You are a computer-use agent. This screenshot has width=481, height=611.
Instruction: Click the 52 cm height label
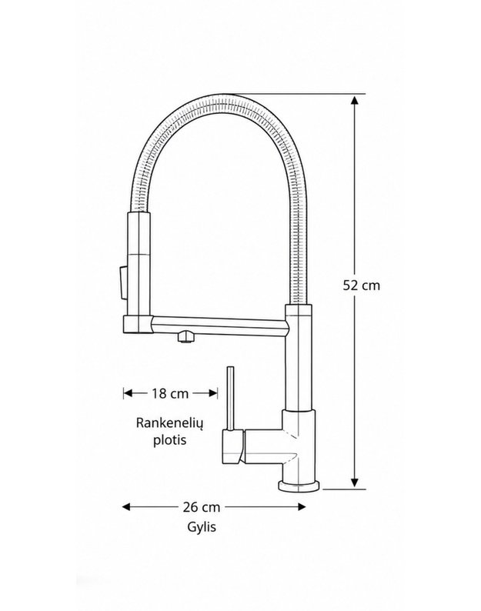click(361, 285)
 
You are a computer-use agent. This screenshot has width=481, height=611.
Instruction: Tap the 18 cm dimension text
click(170, 393)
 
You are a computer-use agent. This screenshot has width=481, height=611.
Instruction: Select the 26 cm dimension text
click(202, 507)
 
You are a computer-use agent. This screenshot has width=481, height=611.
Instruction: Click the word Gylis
click(202, 527)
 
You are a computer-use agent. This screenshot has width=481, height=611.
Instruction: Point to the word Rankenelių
click(170, 423)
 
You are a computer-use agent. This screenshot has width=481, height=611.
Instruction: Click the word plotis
click(169, 440)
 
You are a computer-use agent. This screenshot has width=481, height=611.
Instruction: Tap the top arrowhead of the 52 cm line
click(354, 101)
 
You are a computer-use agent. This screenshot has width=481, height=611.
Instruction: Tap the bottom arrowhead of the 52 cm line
click(354, 482)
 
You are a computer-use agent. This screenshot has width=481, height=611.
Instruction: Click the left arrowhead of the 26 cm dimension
click(127, 506)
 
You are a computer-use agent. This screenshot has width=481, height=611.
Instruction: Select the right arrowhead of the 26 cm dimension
click(301, 506)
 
